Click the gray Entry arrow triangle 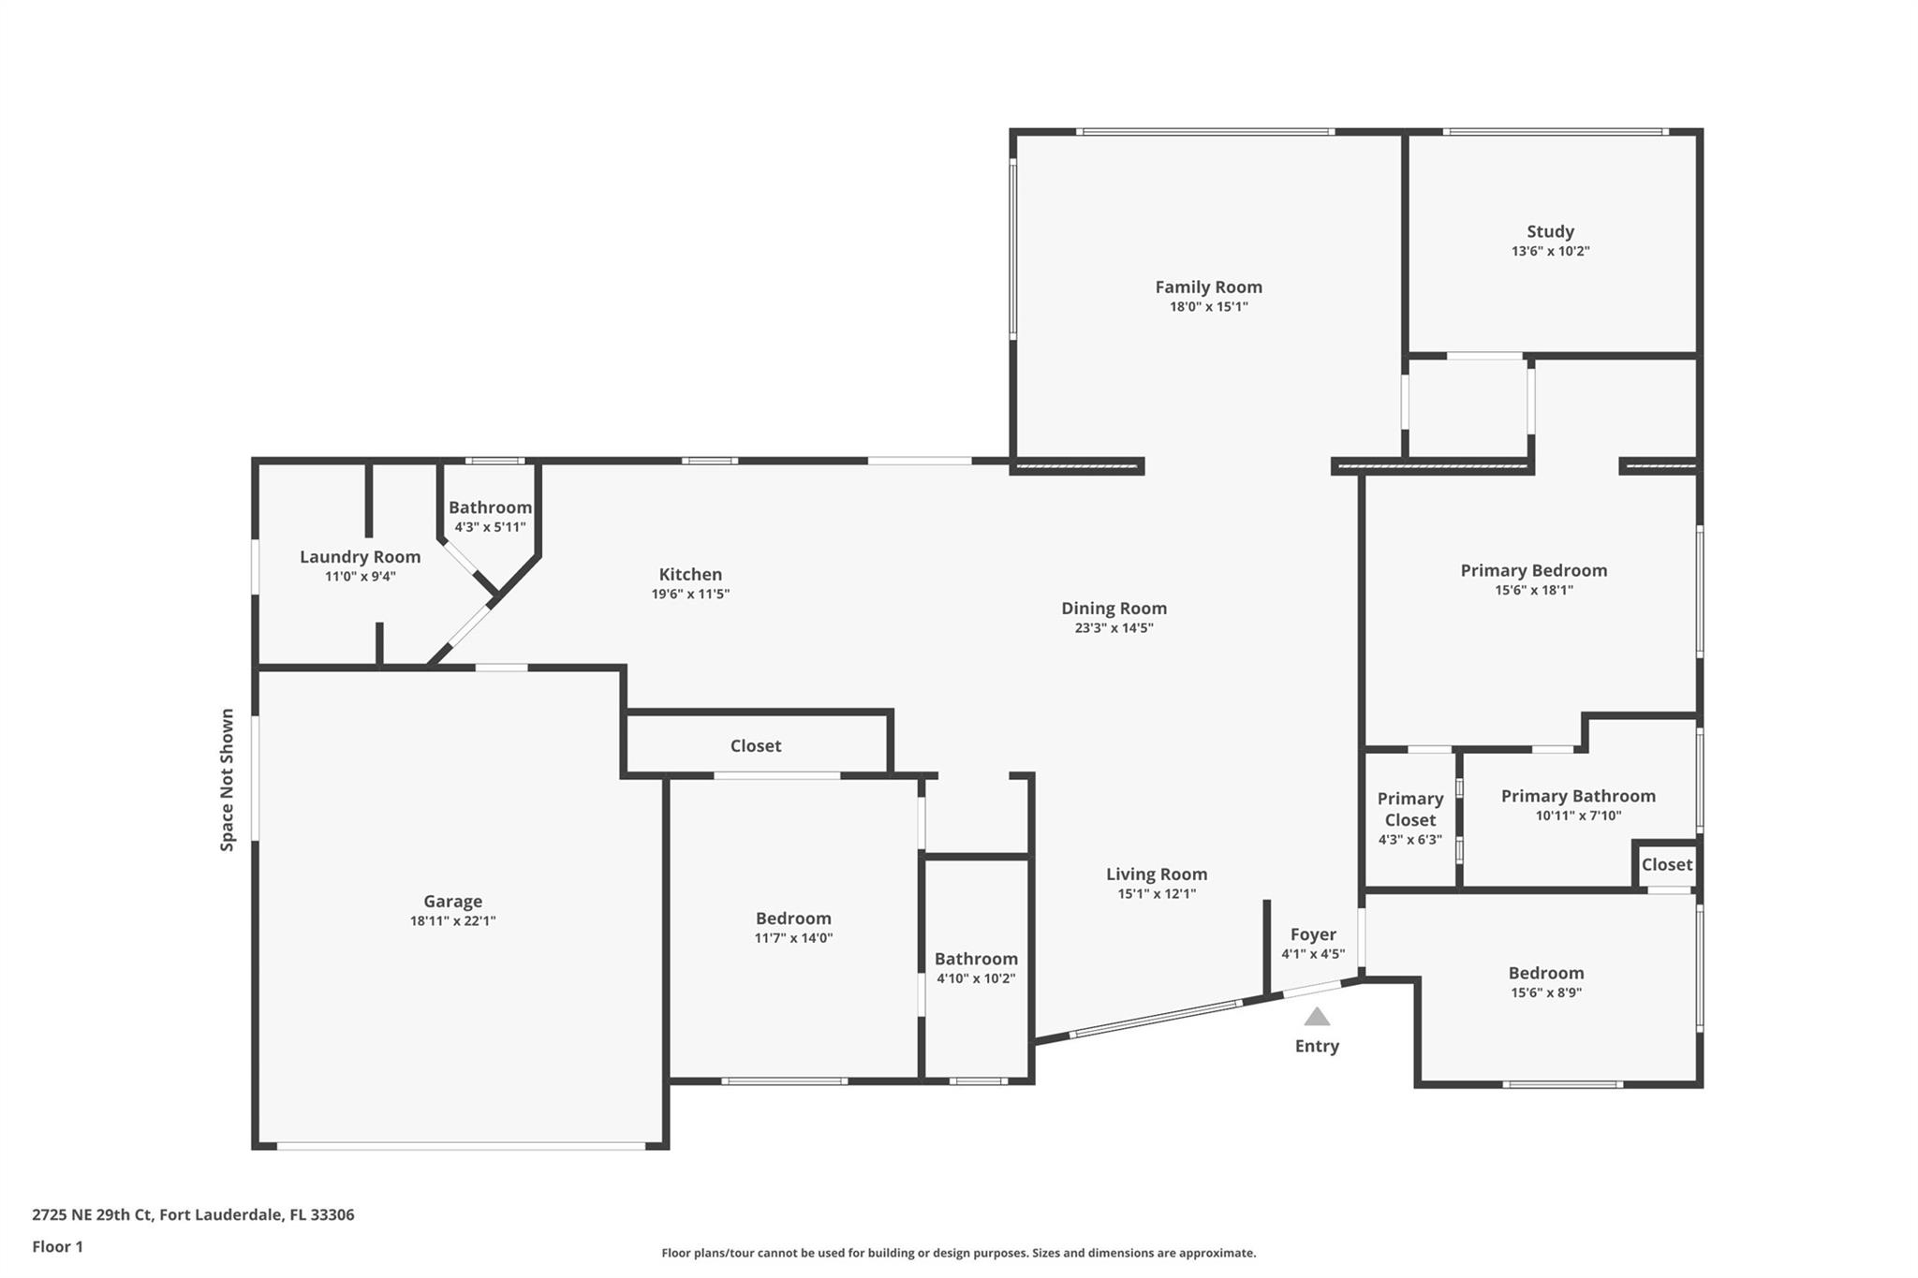(x=1317, y=1017)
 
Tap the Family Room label (x=1208, y=287)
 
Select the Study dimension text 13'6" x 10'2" (x=1550, y=251)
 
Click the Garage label (x=452, y=902)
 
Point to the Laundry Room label (x=360, y=557)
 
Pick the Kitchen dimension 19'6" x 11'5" (x=690, y=594)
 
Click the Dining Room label (x=1114, y=609)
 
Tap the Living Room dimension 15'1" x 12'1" (x=1157, y=893)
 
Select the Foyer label (x=1313, y=934)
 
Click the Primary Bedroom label (x=1534, y=571)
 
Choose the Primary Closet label (x=1409, y=809)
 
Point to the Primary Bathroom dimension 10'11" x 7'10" (x=1578, y=815)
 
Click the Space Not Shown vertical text (x=227, y=780)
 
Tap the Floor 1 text (x=57, y=1246)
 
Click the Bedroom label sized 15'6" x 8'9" (x=1546, y=973)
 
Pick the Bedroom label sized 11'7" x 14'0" (x=793, y=918)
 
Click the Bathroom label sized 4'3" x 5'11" (x=490, y=507)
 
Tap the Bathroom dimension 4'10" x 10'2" (x=976, y=979)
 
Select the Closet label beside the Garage (x=756, y=746)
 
